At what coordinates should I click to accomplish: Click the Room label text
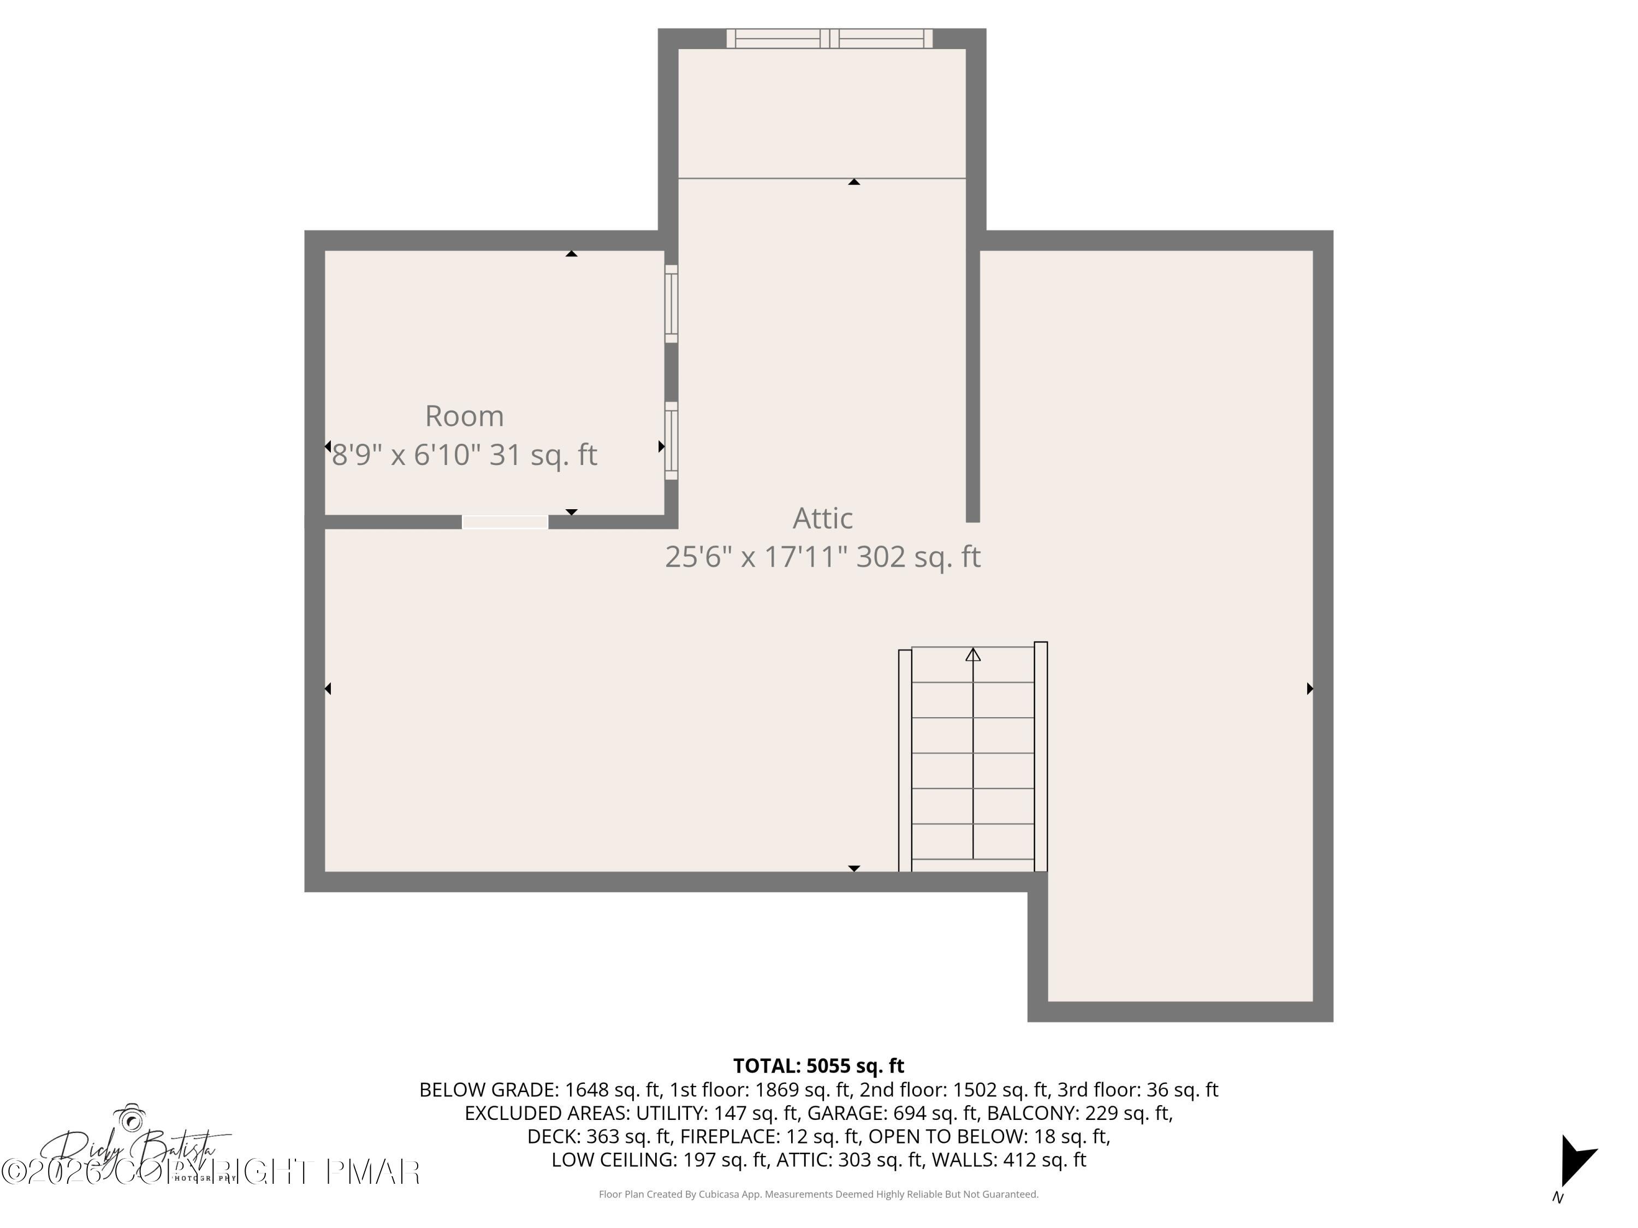pos(464,416)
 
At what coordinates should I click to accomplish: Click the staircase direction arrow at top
pos(972,655)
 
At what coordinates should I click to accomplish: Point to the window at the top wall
pos(829,39)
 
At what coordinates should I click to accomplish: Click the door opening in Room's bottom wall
pos(505,522)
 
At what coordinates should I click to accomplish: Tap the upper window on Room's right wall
pos(671,303)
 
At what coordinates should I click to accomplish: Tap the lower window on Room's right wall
pos(671,440)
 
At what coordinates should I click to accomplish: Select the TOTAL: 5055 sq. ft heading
pos(818,1066)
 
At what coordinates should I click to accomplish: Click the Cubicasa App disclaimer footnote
pos(818,1194)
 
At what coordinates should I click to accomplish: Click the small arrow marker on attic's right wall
pos(1309,688)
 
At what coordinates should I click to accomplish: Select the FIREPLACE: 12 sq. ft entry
pos(769,1136)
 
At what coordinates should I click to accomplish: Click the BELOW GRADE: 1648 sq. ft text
pos(539,1089)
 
